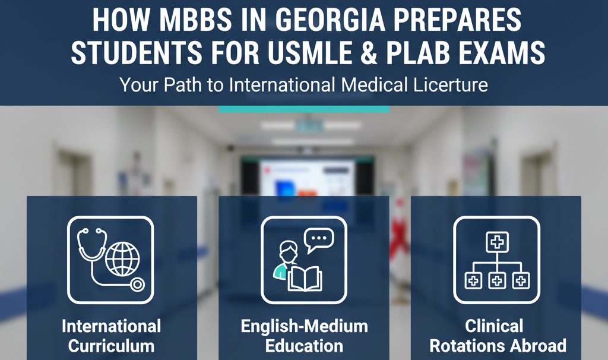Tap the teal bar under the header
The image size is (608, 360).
(x=303, y=109)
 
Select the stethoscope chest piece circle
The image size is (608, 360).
(x=137, y=284)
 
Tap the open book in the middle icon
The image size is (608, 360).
(x=305, y=278)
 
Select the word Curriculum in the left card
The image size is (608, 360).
(x=111, y=346)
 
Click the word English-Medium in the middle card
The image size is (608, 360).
(x=304, y=326)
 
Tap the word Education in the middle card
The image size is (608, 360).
(x=304, y=346)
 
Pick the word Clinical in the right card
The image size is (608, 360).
(x=495, y=326)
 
